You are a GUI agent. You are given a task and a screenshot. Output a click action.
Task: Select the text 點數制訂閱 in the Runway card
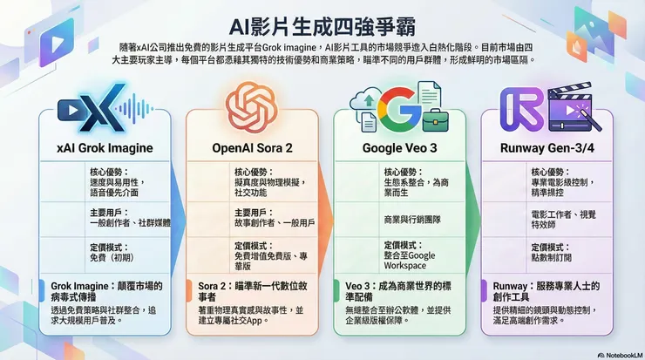pos(555,259)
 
